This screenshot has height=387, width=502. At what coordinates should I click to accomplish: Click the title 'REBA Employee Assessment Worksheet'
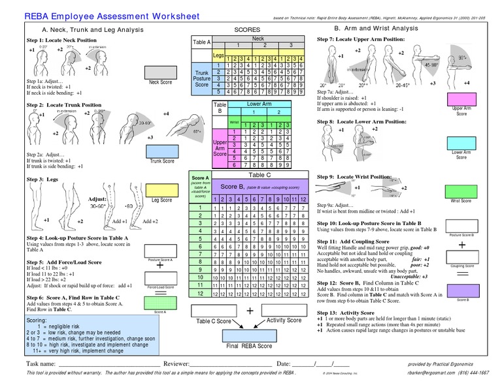[112, 16]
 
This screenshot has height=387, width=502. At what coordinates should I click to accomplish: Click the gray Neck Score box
[159, 70]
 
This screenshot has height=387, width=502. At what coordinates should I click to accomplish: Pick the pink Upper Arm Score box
[461, 98]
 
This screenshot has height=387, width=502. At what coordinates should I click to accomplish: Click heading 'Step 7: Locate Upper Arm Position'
[360, 40]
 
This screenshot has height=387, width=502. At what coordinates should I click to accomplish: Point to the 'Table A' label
[201, 42]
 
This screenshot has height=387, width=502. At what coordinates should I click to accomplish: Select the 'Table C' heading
[259, 175]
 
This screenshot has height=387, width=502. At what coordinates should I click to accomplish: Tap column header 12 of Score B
[302, 198]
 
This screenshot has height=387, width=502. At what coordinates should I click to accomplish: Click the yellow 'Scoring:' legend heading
[37, 321]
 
